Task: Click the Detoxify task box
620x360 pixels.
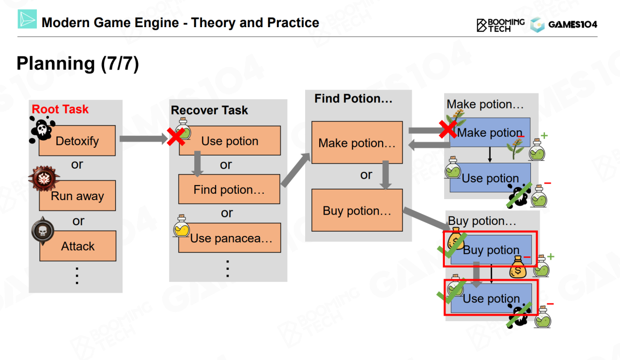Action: (77, 141)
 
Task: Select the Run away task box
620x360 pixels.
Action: (77, 196)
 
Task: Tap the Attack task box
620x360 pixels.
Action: (78, 246)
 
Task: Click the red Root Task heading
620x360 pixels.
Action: (61, 109)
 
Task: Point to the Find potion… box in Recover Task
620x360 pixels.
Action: (229, 189)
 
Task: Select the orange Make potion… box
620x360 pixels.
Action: (357, 143)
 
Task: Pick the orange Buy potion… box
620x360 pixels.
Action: (357, 211)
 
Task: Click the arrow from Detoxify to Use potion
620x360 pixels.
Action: (142, 140)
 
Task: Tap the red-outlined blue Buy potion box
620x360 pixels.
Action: (491, 250)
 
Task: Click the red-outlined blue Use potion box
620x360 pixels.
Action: (491, 298)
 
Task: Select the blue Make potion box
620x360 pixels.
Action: (490, 133)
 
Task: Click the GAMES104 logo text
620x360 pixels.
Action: (573, 25)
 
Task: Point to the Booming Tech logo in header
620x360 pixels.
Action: (500, 25)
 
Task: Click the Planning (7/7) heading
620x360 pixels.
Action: (77, 64)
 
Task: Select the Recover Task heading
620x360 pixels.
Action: (209, 110)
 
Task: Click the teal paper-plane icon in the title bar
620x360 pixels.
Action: (28, 19)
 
